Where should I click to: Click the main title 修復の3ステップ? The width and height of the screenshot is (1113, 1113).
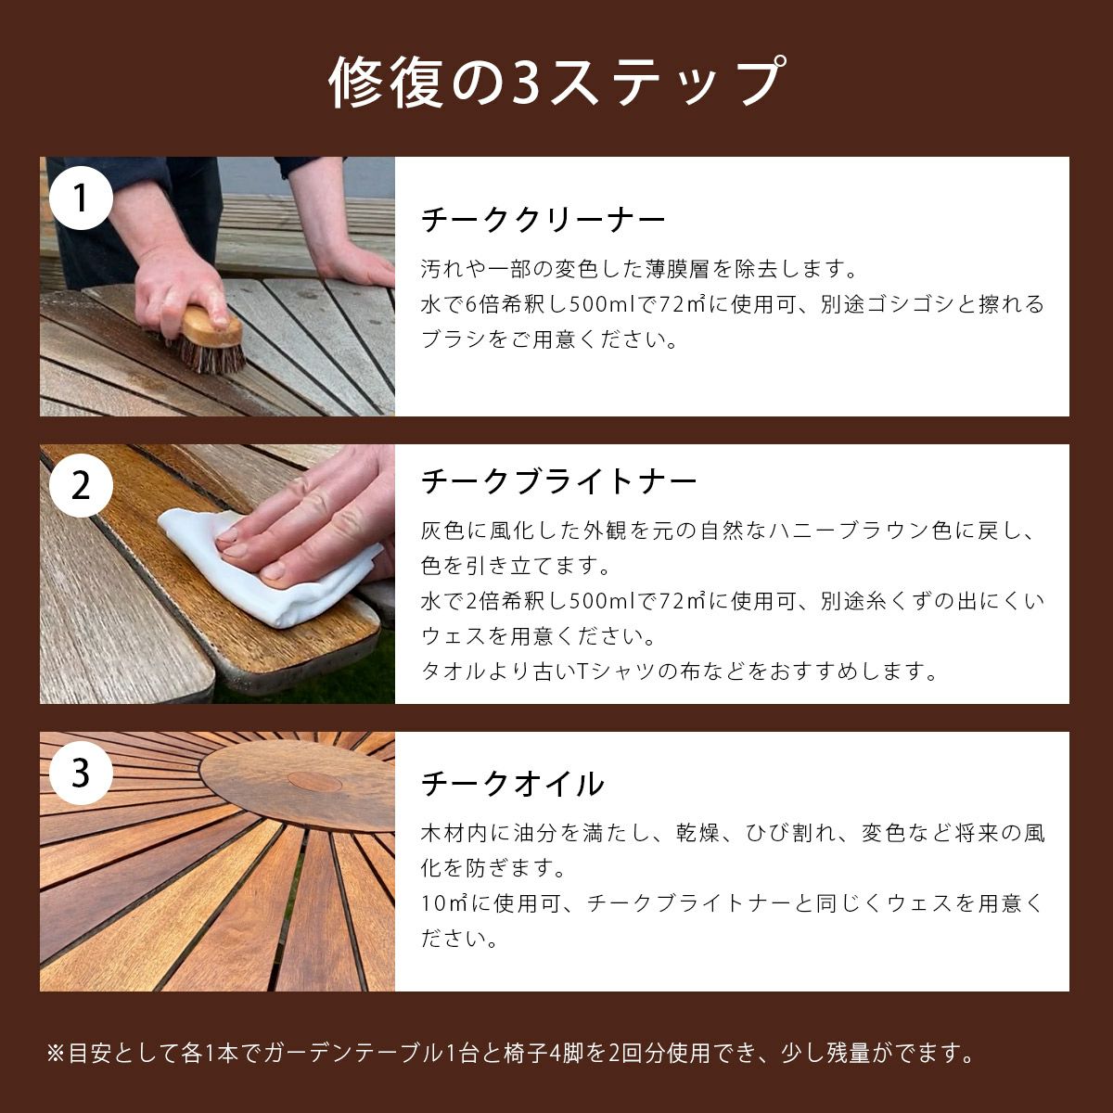tap(556, 83)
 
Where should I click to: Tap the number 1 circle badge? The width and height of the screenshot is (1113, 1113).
tap(82, 198)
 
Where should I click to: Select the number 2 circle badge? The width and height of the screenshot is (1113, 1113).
tap(82, 485)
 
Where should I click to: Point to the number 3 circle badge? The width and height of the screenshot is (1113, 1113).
tap(82, 773)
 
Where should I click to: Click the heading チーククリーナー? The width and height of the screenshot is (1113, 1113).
tap(544, 220)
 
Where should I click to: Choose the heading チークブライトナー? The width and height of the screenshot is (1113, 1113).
tap(558, 481)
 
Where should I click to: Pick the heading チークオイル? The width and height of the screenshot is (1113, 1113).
tap(513, 784)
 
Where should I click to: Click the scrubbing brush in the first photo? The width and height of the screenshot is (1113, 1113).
tap(211, 338)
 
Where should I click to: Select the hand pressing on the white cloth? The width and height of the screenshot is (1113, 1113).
tap(306, 529)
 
